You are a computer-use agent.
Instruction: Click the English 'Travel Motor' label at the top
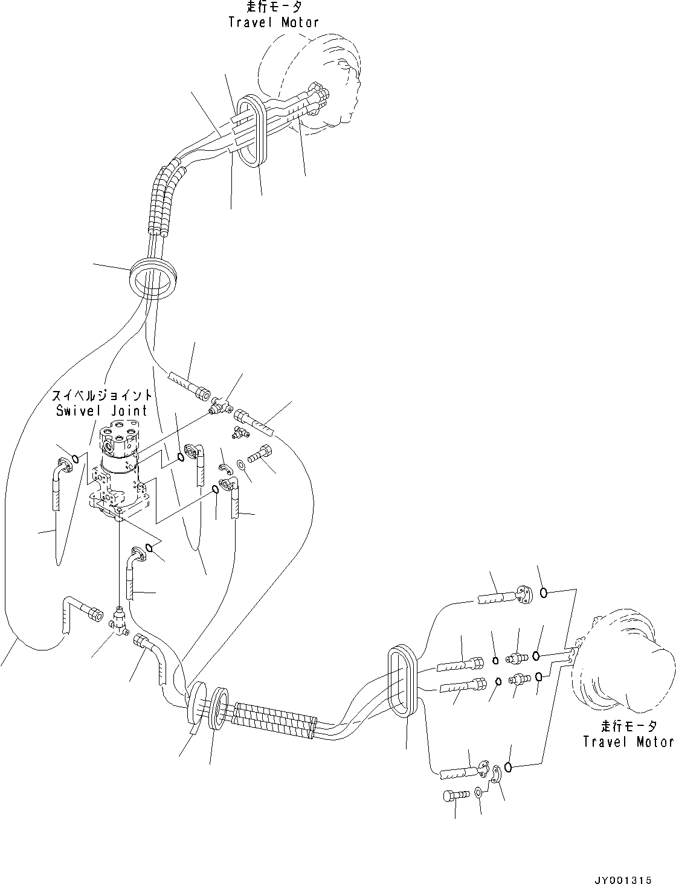click(274, 22)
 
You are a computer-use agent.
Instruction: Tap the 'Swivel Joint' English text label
click(101, 411)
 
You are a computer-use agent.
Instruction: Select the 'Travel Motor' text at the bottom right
click(628, 741)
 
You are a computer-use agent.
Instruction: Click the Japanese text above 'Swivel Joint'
click(101, 396)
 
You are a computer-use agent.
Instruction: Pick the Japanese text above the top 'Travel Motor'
click(274, 7)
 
